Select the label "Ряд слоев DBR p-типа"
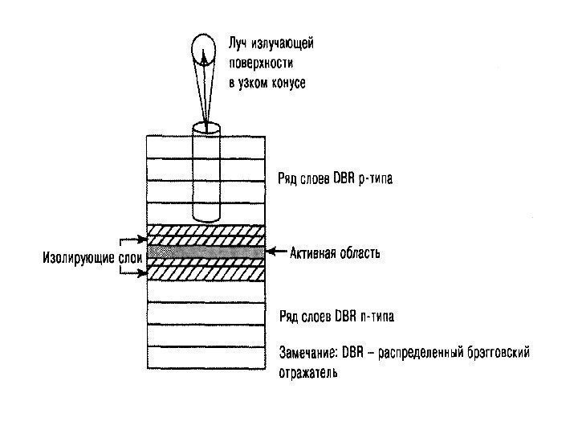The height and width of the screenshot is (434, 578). click(x=335, y=178)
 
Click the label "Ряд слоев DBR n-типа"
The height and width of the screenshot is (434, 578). click(x=334, y=314)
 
